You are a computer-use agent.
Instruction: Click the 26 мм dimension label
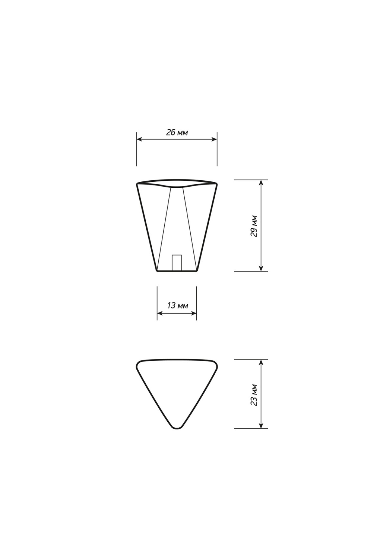coord(177,132)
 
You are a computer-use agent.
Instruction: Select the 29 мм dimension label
coord(254,226)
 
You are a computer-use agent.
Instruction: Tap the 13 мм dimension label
coord(178,306)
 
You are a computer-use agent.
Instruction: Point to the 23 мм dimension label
coord(254,395)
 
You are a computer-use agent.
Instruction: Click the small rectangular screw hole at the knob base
coord(177,263)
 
